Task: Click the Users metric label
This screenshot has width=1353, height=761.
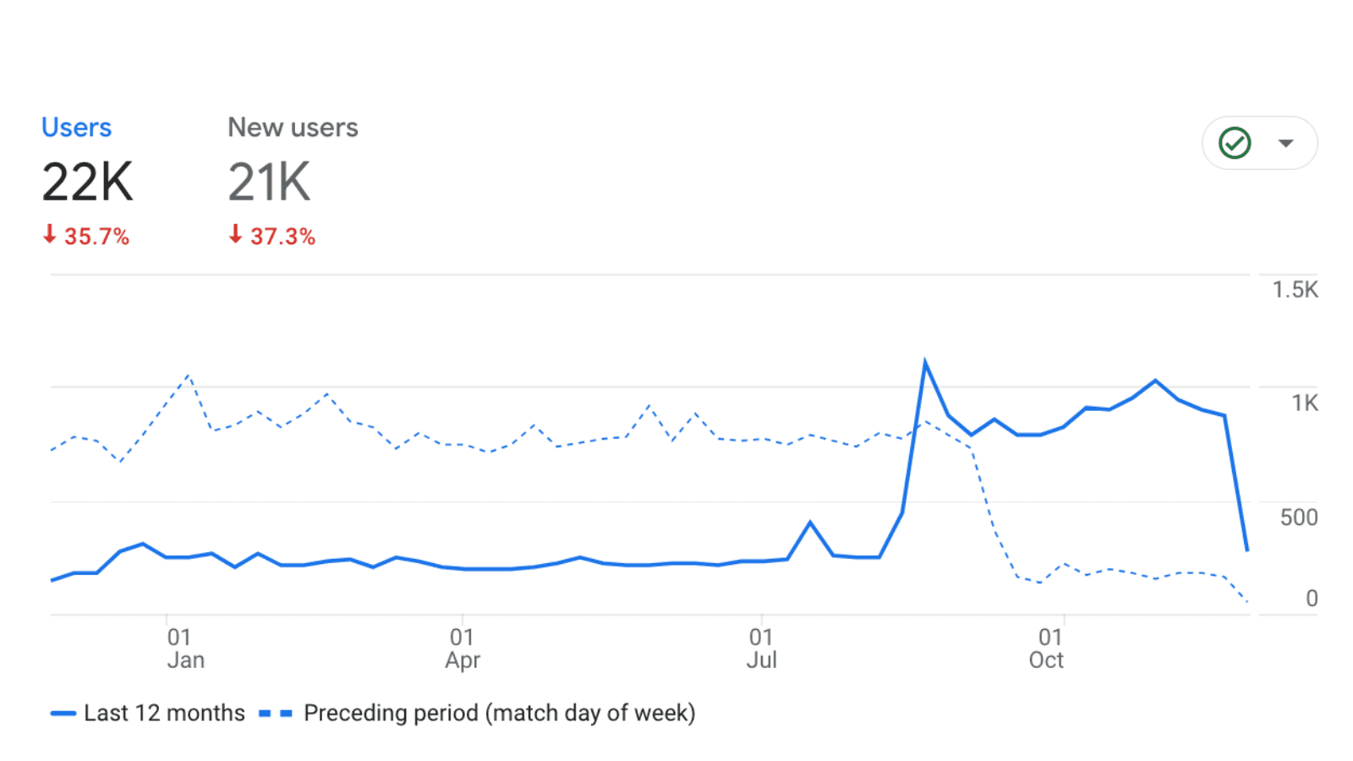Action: (x=76, y=128)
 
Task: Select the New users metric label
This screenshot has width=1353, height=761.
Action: (x=293, y=128)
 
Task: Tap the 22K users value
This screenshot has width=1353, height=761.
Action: (x=87, y=182)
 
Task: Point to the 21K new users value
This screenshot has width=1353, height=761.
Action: (x=269, y=182)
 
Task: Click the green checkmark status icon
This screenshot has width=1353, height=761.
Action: (x=1235, y=143)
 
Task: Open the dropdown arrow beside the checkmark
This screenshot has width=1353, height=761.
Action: (x=1285, y=143)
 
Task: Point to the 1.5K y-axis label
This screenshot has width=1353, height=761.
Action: (x=1295, y=290)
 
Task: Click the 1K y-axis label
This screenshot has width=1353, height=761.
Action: (x=1304, y=403)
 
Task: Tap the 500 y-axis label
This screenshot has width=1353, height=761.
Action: (x=1298, y=517)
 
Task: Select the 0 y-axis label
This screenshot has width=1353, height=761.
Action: (x=1311, y=599)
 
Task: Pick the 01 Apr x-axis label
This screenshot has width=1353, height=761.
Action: (x=463, y=649)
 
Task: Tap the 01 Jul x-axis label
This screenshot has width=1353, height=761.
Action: (x=761, y=649)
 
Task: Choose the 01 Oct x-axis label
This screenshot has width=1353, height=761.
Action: (x=1047, y=649)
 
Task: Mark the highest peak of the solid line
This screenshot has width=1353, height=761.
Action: (x=925, y=363)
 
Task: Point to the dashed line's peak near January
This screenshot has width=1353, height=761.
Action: (x=188, y=375)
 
